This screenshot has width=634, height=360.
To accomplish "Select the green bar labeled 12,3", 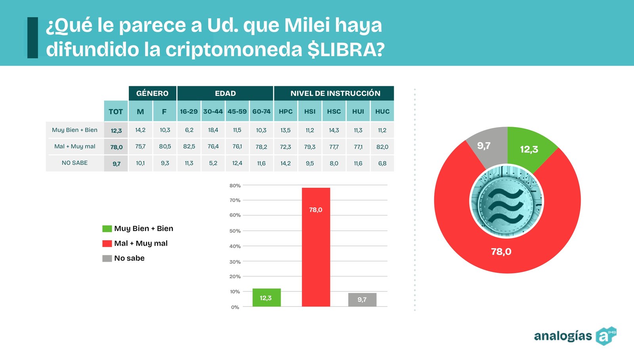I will click(266, 297).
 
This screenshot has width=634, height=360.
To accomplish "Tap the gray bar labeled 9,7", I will click(362, 299).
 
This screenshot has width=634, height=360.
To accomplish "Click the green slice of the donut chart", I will click(529, 149).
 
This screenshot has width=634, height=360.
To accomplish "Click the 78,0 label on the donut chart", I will click(501, 251).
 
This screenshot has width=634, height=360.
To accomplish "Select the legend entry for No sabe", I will click(124, 258).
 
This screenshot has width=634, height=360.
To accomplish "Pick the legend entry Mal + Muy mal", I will click(135, 244).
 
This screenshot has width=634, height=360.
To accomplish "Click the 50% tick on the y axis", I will click(235, 231).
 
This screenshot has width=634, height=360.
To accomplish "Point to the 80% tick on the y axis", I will click(235, 185).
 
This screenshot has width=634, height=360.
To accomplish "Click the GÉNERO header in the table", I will click(152, 93).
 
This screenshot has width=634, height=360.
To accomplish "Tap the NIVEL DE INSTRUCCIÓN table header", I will click(335, 93).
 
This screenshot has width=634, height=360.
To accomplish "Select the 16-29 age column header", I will click(189, 112).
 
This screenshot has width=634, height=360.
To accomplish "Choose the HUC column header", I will click(382, 112).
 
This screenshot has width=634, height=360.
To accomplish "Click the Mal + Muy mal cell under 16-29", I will click(189, 147).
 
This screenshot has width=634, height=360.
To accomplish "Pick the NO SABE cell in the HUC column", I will click(382, 163).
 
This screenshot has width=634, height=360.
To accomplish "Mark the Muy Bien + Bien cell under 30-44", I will click(213, 130).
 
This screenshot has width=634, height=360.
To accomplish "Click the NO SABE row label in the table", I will click(74, 163).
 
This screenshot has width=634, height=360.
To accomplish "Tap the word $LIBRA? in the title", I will click(346, 50).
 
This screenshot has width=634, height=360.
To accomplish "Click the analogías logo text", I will click(563, 336).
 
